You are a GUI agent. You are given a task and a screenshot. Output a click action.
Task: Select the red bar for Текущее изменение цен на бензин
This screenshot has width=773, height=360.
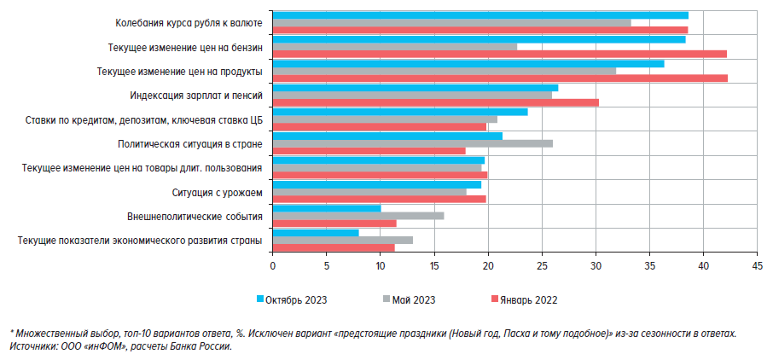pos(499,54)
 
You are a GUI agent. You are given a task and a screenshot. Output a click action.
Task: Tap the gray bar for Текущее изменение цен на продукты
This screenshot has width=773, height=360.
pos(444,71)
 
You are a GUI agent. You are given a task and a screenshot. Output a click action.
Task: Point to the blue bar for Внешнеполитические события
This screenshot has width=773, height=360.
pos(327,208)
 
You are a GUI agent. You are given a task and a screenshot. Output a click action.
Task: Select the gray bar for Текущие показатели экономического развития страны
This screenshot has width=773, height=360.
pos(342,240)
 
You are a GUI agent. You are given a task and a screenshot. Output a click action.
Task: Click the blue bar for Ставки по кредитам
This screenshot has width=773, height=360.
pos(400,112)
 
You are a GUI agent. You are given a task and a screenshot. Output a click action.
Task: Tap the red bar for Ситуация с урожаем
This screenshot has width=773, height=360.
pos(379,199)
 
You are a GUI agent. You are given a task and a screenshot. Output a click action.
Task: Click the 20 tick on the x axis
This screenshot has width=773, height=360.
pos(488,266)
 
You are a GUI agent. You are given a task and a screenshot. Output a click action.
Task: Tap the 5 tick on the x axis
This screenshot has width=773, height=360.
pos(327,266)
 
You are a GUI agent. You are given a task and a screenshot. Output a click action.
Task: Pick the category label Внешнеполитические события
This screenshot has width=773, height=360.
pos(194,217)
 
